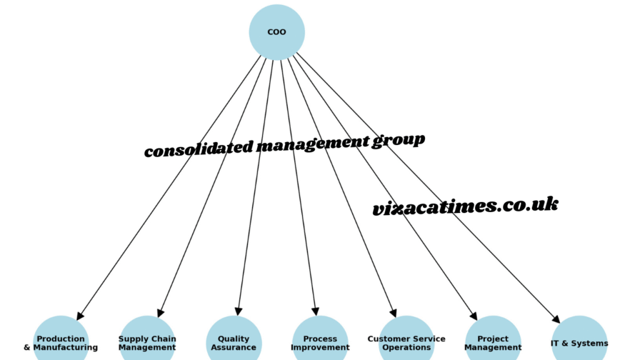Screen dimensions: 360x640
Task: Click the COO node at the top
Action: pyautogui.click(x=277, y=32)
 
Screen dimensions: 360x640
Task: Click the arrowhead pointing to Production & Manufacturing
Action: pyautogui.click(x=79, y=316)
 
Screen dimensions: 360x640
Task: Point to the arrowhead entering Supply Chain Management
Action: pyautogui.click(x=161, y=312)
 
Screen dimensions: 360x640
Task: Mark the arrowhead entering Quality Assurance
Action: pyautogui.click(x=238, y=311)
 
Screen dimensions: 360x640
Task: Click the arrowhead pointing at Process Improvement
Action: pyautogui.click(x=316, y=311)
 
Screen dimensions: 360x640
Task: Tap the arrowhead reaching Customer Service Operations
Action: pyautogui.click(x=393, y=312)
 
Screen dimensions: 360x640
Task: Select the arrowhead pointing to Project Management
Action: pyautogui.click(x=474, y=316)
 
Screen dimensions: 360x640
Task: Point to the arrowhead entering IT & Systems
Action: pyautogui.click(x=556, y=319)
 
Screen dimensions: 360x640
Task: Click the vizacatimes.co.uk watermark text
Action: pyautogui.click(x=465, y=206)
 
